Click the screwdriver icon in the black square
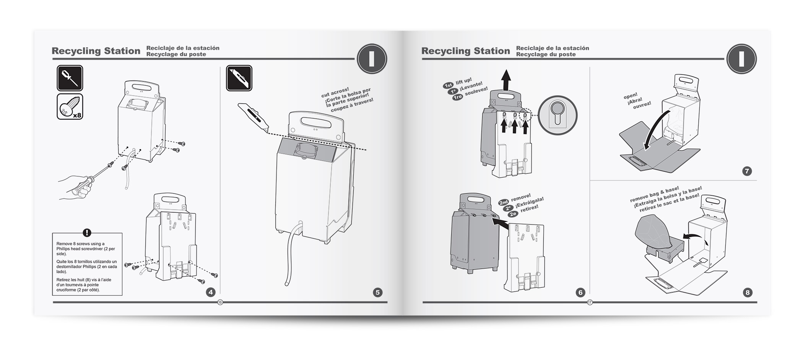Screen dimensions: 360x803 (x=70, y=78)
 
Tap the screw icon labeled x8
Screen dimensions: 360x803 (x=70, y=106)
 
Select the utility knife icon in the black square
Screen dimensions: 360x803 (x=239, y=78)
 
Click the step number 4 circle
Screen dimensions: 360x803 (x=210, y=292)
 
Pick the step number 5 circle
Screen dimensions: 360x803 (x=377, y=292)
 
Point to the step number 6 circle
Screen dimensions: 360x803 (x=580, y=292)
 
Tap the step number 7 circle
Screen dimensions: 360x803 (x=747, y=171)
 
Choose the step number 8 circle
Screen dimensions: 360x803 (x=747, y=293)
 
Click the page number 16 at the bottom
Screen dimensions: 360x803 (x=220, y=302)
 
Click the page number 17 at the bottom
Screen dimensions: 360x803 (x=590, y=302)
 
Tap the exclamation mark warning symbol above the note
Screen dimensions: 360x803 (x=87, y=233)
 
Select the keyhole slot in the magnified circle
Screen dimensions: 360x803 (x=557, y=115)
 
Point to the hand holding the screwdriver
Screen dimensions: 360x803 (x=77, y=187)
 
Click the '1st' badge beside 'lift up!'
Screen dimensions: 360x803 (x=448, y=85)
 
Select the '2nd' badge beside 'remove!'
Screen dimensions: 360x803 (x=504, y=202)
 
